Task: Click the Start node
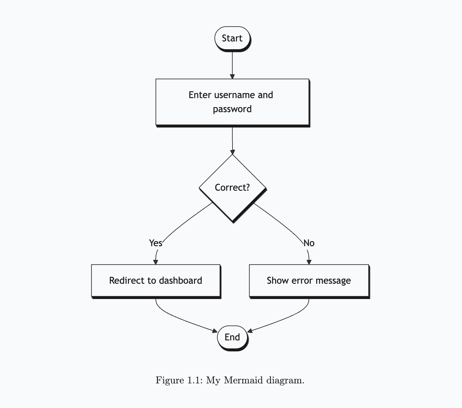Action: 232,38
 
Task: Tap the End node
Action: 232,337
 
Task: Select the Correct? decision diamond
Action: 233,188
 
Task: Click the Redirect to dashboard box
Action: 156,281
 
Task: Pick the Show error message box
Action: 309,281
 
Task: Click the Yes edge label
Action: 156,243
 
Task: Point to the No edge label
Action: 309,243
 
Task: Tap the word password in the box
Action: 232,109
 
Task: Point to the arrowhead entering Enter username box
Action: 232,76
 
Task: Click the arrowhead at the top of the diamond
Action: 233,152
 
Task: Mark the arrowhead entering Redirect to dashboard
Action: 156,262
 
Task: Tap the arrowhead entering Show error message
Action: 309,262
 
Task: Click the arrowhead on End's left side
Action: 215,331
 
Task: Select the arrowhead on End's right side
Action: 250,331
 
